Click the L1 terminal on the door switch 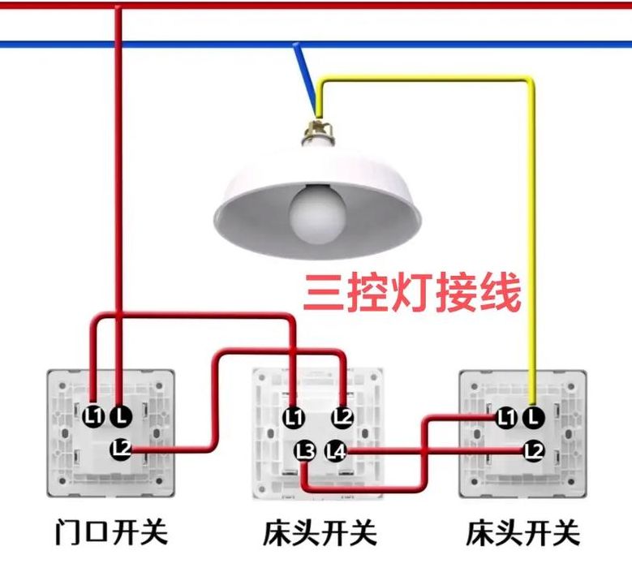[x=94, y=416]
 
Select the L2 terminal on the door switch [x=122, y=449]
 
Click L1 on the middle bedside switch [x=295, y=417]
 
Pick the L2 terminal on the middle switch [x=342, y=417]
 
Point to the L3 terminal [x=305, y=451]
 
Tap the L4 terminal [x=336, y=451]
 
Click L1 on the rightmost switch [x=505, y=417]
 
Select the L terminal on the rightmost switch [x=534, y=416]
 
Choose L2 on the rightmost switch [x=534, y=451]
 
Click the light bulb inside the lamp [x=317, y=214]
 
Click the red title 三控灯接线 [x=412, y=292]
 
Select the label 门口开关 [x=111, y=532]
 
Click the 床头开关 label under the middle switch [x=320, y=532]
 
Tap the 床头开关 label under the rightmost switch [x=523, y=532]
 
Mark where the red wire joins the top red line [x=118, y=6]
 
